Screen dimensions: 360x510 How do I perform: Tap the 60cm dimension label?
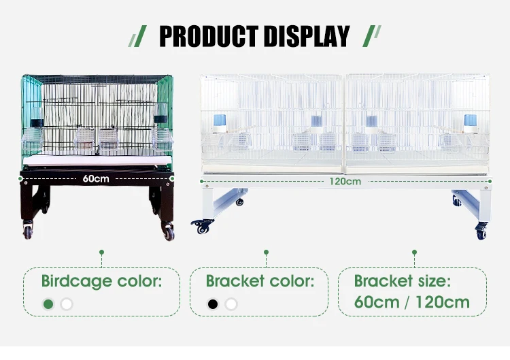(x=96, y=179)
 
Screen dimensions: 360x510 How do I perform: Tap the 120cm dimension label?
(x=345, y=181)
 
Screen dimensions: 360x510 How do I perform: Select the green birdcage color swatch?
(x=48, y=304)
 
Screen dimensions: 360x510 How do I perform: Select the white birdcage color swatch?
(x=66, y=304)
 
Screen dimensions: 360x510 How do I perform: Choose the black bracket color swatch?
(x=213, y=304)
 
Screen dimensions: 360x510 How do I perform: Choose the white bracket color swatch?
(x=231, y=304)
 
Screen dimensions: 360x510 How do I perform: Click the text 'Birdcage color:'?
(x=101, y=281)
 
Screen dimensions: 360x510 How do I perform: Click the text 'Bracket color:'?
(x=260, y=281)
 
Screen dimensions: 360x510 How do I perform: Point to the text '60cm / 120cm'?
(x=411, y=301)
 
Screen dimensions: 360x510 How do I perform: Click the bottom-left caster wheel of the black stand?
(x=28, y=231)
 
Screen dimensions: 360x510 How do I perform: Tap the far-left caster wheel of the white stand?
(x=201, y=227)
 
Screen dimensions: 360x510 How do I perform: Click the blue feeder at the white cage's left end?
(x=219, y=121)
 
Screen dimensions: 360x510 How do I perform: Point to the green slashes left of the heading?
(x=138, y=36)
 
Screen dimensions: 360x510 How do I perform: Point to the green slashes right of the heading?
(x=373, y=36)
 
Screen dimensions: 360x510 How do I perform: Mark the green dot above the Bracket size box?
(x=414, y=252)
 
